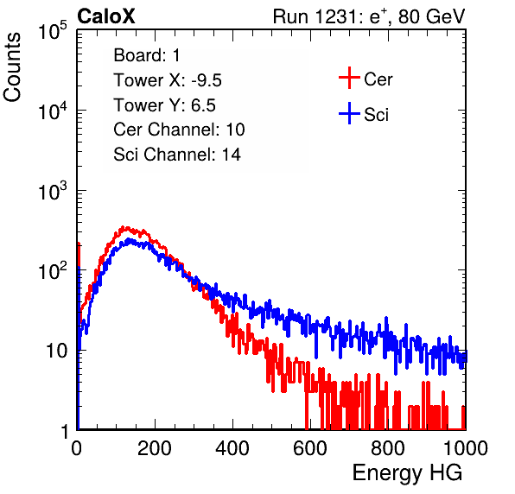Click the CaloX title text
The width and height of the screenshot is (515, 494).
tap(106, 16)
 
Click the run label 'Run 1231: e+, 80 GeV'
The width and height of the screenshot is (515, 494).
tap(369, 16)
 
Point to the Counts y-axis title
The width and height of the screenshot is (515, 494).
tap(12, 67)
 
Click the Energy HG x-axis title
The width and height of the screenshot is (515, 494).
tap(407, 473)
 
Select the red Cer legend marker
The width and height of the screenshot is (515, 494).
tap(349, 78)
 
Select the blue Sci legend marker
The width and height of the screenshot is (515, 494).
tap(349, 114)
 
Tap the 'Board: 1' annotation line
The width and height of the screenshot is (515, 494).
tap(147, 55)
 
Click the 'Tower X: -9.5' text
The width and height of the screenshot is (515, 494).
tap(168, 80)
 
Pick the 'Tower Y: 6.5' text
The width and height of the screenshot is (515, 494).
tap(164, 105)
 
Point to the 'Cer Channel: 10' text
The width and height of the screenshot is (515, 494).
tap(179, 130)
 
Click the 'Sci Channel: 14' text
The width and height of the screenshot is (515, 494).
tap(177, 155)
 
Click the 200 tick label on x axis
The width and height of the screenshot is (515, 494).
tap(155, 448)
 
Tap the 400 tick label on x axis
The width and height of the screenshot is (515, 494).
tap(232, 448)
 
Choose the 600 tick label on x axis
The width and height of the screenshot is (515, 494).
tap(310, 448)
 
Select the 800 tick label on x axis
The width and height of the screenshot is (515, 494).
tap(388, 448)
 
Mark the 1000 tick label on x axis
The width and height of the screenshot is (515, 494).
tap(466, 448)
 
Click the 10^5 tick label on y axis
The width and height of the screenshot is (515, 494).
tap(53, 30)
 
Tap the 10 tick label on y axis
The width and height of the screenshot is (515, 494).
tap(57, 351)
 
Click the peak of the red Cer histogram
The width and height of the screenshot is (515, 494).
tap(123, 227)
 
